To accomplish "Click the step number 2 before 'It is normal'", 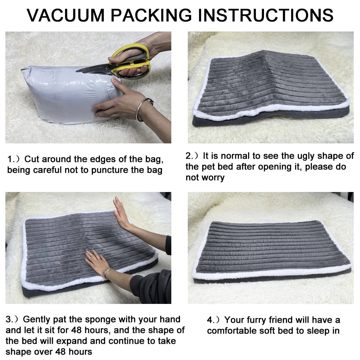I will tap(189, 156).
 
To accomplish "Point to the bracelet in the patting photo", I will tap(106, 274).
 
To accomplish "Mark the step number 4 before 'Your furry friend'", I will tap(210, 320).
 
